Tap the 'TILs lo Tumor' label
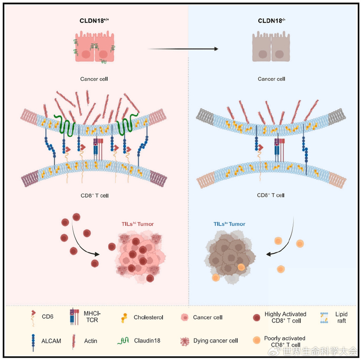click(x=229, y=224)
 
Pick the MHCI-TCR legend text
click(x=92, y=315)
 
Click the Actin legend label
click(x=91, y=340)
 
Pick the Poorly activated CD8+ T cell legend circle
click(x=256, y=341)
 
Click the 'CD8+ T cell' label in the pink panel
click(x=92, y=196)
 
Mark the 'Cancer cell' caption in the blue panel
click(x=271, y=79)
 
